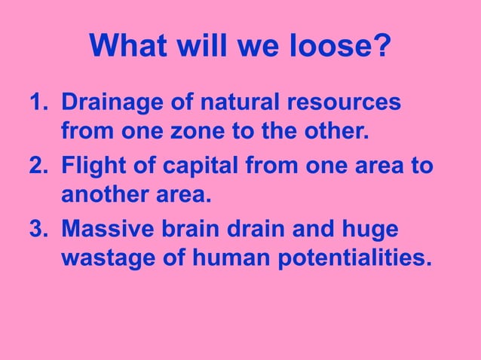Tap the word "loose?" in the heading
click(342, 47)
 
